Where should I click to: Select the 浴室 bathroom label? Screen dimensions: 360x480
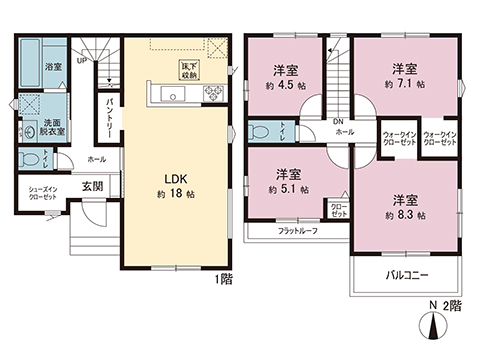52,68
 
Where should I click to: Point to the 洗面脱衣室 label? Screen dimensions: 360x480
52,127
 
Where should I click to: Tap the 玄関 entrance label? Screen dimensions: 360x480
92,185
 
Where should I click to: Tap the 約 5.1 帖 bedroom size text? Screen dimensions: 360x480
286,188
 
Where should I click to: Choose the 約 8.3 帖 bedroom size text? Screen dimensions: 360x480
405,214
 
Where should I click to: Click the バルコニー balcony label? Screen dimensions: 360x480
408,273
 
